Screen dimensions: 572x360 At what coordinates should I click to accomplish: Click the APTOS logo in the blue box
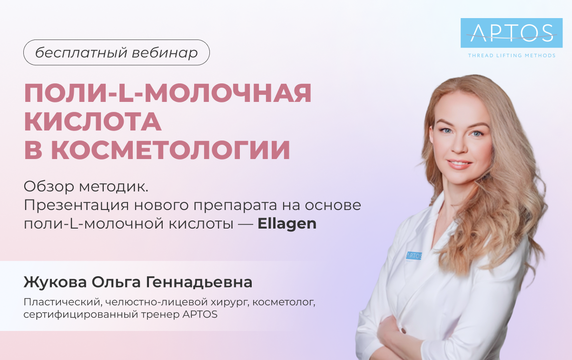(x=512, y=33)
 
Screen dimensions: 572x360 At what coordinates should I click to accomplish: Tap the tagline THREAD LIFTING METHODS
(x=512, y=55)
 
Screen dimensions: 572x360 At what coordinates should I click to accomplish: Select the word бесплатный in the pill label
(x=81, y=53)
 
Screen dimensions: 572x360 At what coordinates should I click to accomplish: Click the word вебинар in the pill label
(x=165, y=53)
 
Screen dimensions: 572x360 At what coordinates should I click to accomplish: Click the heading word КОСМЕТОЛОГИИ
(x=170, y=150)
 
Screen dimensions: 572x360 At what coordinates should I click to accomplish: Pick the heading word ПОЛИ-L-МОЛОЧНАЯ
(x=168, y=93)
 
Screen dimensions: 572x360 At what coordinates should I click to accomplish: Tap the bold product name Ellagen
(x=287, y=224)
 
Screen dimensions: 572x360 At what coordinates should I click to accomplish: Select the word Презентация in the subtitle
(x=76, y=206)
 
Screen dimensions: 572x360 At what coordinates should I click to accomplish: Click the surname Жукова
(x=55, y=282)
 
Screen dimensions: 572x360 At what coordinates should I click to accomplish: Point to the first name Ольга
(x=116, y=282)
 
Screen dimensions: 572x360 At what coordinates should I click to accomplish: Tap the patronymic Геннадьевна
(x=199, y=282)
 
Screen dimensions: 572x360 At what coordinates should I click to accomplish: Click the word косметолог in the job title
(x=284, y=302)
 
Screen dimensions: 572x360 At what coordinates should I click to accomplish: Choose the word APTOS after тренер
(x=200, y=314)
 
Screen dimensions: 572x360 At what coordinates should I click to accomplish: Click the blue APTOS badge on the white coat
(x=414, y=256)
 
